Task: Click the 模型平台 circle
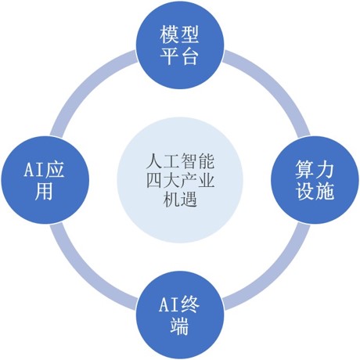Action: pos(180,45)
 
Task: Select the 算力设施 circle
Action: pos(315,180)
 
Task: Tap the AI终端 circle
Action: pos(180,315)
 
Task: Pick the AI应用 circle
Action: pos(45,180)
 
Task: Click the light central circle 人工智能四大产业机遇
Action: pos(180,180)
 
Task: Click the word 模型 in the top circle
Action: pos(179,34)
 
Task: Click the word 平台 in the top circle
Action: pos(179,56)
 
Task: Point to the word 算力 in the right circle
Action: pos(315,170)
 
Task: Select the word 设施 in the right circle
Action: pos(315,191)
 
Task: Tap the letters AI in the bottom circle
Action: pos(168,304)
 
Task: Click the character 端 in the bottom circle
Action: pos(179,326)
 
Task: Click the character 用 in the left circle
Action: pos(44,191)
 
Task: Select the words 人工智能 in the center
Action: pos(180,161)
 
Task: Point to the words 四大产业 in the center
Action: pos(180,180)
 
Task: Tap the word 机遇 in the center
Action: pos(180,200)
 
